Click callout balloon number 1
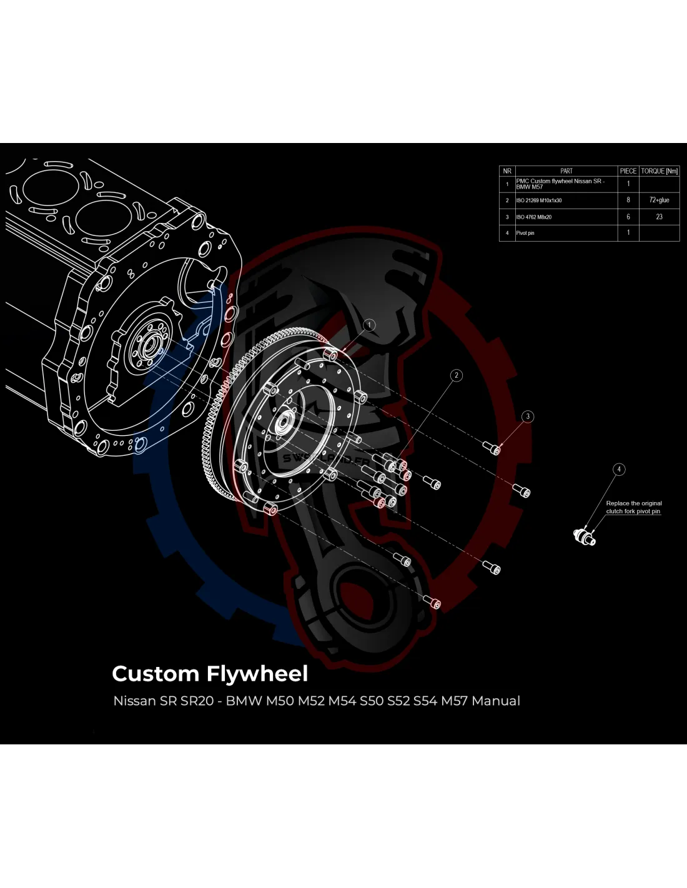369,325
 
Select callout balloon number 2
457,375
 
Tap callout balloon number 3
528,417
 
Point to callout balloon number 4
619,469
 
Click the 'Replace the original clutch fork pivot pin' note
633,507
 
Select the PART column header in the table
566,171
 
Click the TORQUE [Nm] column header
659,171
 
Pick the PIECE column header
628,171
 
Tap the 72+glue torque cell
659,200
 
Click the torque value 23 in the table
659,217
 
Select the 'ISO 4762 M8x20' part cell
534,217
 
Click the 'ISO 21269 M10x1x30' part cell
539,200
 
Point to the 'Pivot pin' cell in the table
525,233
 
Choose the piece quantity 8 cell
628,200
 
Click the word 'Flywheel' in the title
257,674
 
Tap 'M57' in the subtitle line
454,701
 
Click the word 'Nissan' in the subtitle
134,701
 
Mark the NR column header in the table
507,171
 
